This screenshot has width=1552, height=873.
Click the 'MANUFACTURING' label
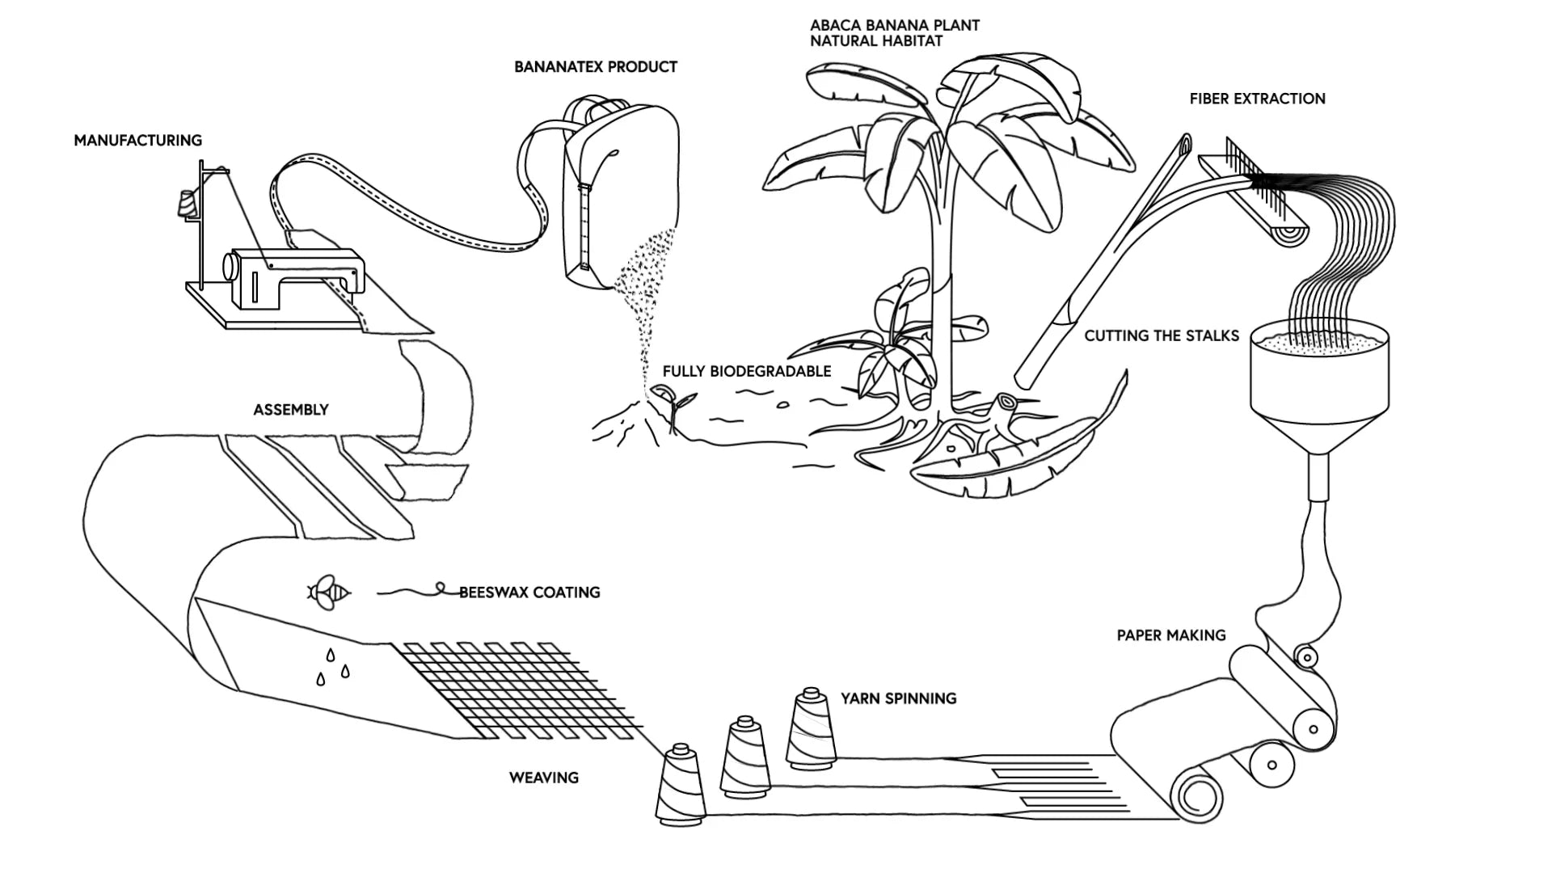137,141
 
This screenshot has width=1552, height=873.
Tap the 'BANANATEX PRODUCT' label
596,67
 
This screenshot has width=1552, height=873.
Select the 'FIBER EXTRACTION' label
1257,99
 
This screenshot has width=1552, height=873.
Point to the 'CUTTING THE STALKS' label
1162,336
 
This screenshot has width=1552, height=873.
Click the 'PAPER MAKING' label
1171,636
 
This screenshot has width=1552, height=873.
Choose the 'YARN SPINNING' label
898,698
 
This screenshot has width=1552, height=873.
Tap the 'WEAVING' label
544,778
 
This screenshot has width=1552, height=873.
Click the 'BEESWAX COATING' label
529,593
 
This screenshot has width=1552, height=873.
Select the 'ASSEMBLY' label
291,410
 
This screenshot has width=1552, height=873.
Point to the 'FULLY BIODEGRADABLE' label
747,372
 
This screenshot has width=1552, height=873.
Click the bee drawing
328,593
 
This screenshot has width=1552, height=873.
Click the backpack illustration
618,194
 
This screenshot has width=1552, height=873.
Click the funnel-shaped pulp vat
1320,380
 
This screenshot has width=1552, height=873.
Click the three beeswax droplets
332,668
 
